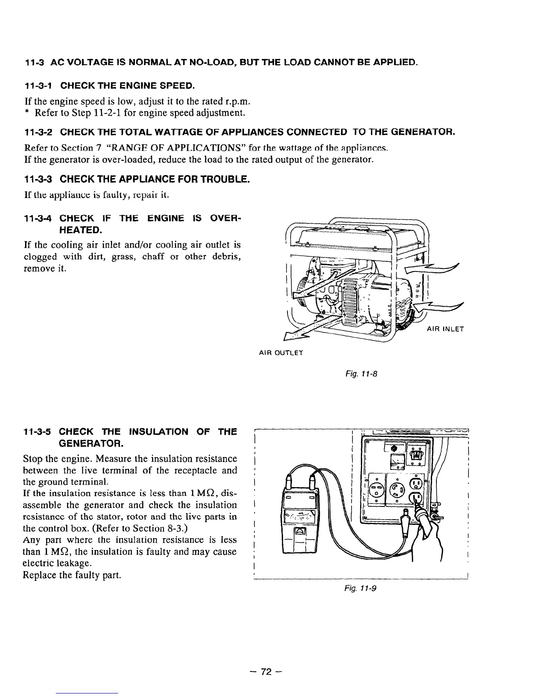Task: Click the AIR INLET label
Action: [445, 329]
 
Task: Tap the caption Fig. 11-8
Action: [366, 374]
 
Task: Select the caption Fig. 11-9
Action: [366, 587]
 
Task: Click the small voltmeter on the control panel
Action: [398, 461]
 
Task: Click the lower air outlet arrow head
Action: [292, 335]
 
